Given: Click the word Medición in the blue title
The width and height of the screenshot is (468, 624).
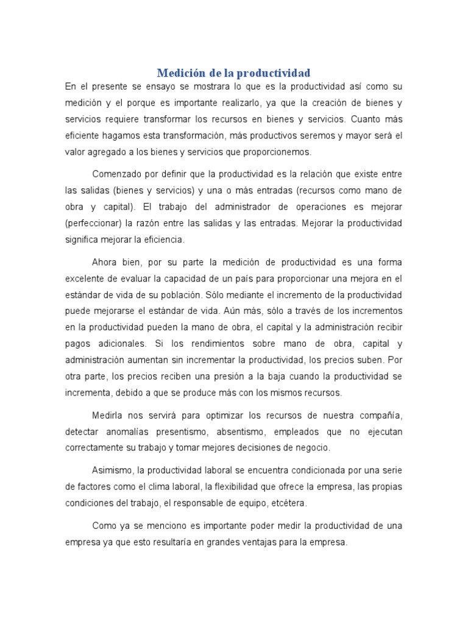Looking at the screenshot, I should (x=179, y=73).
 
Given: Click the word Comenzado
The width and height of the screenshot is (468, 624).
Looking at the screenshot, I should (x=117, y=174).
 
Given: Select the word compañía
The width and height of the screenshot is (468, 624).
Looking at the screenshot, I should (x=378, y=416).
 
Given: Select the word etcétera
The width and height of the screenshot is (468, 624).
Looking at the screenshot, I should (x=288, y=503).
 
